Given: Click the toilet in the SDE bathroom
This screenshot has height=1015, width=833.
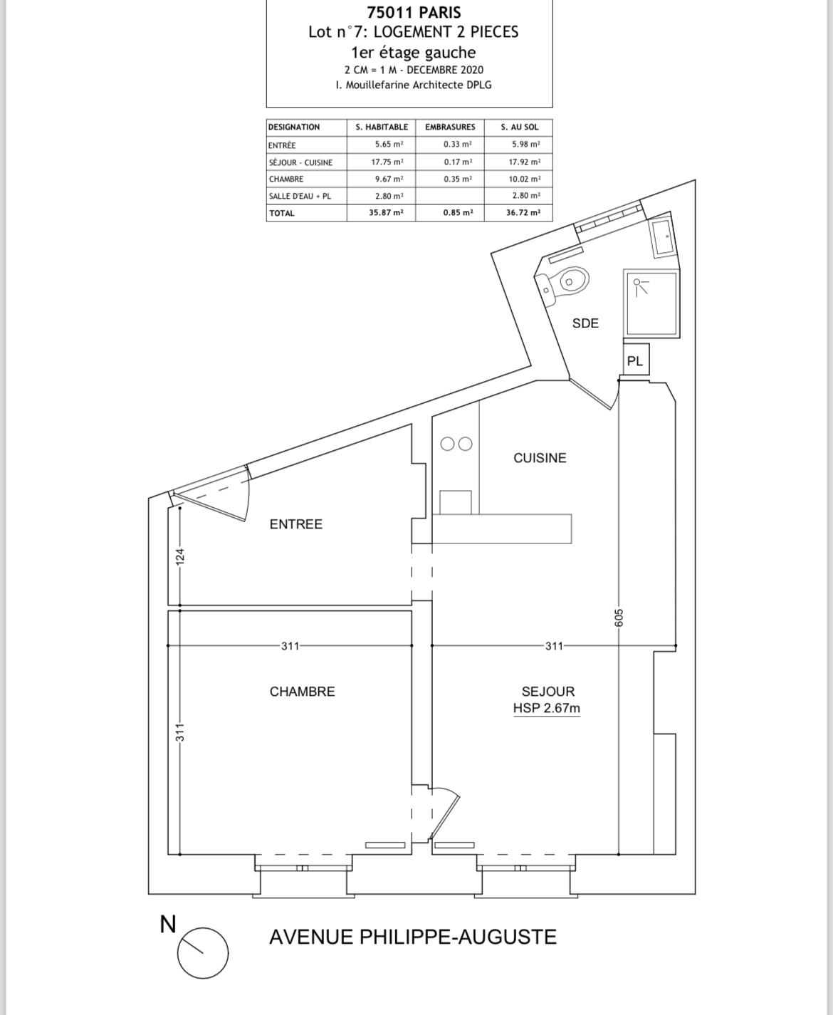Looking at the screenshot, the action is (562, 285).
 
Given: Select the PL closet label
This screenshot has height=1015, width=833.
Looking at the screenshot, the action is (635, 361).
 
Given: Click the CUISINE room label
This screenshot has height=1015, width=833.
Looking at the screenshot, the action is (540, 458).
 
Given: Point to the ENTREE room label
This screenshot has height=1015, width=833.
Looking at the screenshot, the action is (295, 524).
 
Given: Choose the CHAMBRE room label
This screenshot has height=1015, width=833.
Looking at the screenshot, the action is (302, 692).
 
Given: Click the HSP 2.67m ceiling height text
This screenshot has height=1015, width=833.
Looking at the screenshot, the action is (546, 708).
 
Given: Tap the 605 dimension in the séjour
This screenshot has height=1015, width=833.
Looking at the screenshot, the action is (619, 618).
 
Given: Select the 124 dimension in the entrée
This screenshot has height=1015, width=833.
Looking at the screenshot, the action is (180, 557).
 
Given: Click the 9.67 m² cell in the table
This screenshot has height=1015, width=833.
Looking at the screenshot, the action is (389, 179).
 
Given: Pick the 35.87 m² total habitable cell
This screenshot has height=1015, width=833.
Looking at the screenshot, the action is (386, 213).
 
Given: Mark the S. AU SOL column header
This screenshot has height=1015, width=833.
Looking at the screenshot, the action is (520, 127).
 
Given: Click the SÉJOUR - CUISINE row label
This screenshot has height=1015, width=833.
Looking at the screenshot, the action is (300, 162).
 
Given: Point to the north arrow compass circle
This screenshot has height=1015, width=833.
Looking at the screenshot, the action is (203, 953).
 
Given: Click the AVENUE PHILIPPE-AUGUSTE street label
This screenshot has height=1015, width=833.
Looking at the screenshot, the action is (413, 937).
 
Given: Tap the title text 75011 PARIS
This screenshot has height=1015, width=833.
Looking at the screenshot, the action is (414, 12).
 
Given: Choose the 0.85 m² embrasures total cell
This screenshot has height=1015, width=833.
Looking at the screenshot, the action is (458, 213).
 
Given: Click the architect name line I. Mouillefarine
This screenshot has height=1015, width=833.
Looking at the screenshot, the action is (414, 85).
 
